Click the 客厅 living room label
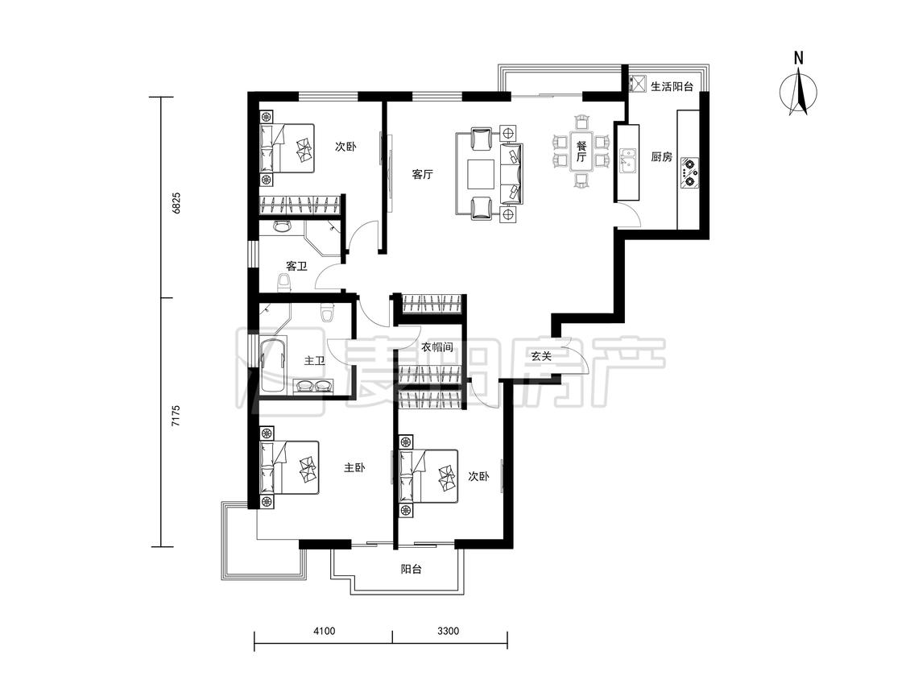(422, 174)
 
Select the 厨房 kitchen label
(662, 156)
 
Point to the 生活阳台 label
(672, 87)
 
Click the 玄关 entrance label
(541, 356)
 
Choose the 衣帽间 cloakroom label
(436, 347)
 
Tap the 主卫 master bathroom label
(314, 361)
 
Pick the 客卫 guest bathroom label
(296, 266)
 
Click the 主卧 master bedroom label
(354, 467)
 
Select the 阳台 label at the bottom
(412, 569)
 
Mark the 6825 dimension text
(176, 203)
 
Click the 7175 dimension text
(176, 416)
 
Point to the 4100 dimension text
(325, 630)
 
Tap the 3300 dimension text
(448, 630)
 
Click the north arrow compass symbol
(798, 90)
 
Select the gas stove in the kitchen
(689, 172)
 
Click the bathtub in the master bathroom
(273, 366)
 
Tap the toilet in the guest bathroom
(283, 282)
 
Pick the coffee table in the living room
(482, 175)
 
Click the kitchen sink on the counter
(627, 161)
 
